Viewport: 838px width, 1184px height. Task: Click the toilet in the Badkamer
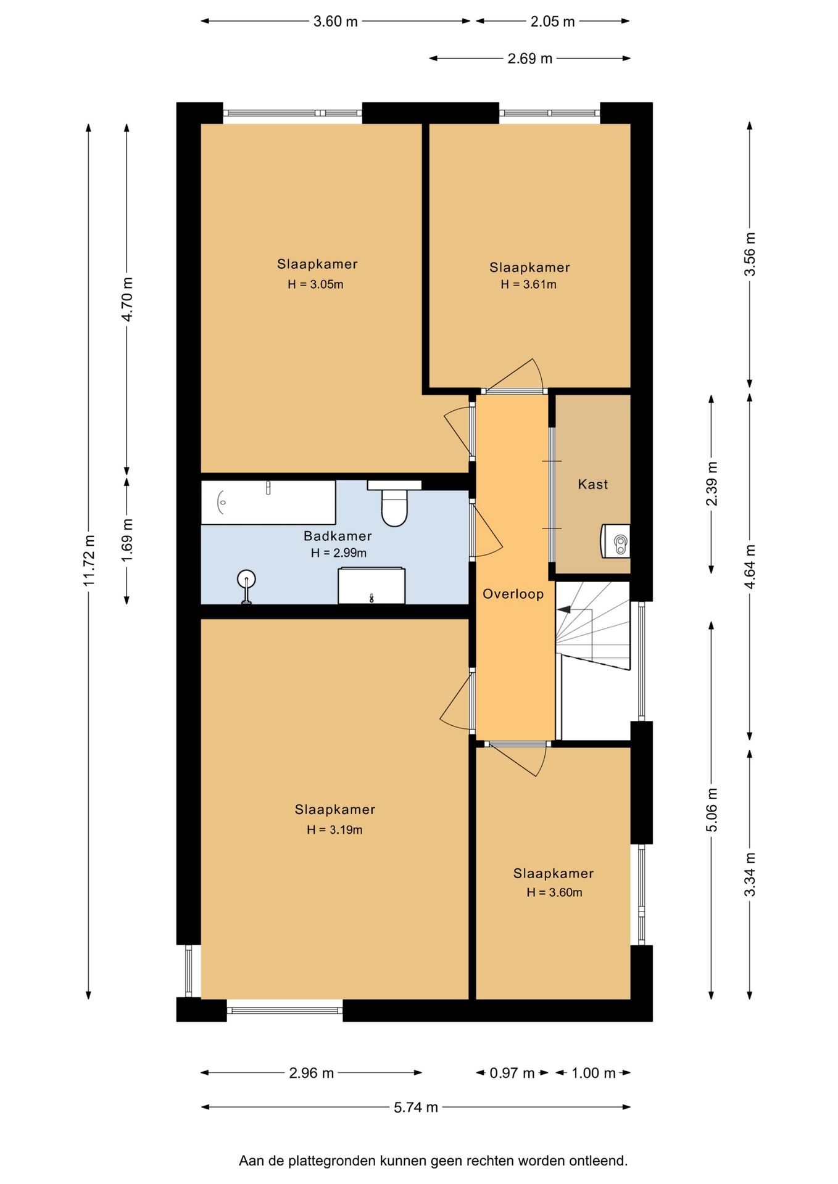coord(394,504)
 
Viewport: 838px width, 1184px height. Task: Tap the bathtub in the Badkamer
coord(268,503)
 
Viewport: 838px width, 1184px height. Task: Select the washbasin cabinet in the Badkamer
coord(371,586)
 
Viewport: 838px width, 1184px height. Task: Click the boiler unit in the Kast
coord(616,541)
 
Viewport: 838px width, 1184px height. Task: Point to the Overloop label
coord(513,594)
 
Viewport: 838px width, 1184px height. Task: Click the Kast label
coord(593,485)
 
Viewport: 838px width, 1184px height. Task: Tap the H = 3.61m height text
coord(529,284)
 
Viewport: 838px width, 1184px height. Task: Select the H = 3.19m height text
coord(334,829)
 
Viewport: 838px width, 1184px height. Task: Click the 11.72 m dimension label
coord(89,561)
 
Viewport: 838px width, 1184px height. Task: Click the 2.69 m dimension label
coord(529,59)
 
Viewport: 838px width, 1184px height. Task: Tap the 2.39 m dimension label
coord(711,483)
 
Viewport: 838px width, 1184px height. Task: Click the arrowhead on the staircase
coord(564,609)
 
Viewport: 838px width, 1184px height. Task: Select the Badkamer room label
coord(338,536)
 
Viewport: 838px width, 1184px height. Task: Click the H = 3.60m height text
coord(554,892)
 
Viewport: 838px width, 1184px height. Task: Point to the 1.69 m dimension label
coord(127,540)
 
